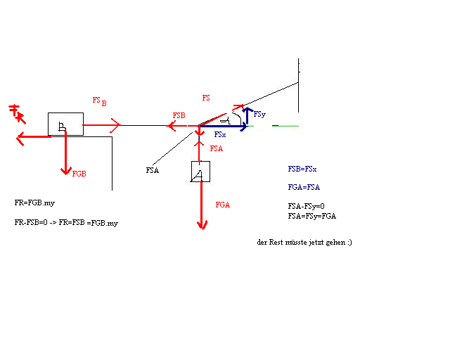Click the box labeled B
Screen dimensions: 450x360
[65, 124]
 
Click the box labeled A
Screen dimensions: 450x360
[200, 172]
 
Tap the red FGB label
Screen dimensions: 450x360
[79, 174]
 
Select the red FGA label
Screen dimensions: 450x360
[223, 205]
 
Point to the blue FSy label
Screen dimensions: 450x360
[259, 115]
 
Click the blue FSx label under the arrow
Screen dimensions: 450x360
[220, 134]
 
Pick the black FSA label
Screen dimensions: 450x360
[153, 170]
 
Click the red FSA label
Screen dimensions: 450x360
[217, 148]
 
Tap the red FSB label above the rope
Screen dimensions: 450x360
[179, 115]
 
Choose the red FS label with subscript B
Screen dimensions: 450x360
[100, 101]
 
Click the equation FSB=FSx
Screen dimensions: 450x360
[302, 169]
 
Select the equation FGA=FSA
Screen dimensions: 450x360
[304, 187]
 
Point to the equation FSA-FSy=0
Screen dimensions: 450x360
[307, 206]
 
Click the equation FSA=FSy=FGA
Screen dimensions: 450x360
[312, 216]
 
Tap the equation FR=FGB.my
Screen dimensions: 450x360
[34, 203]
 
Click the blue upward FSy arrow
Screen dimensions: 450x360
[247, 116]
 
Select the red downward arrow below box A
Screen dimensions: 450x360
[202, 205]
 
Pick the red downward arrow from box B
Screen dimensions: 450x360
[66, 153]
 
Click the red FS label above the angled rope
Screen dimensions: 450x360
[206, 98]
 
